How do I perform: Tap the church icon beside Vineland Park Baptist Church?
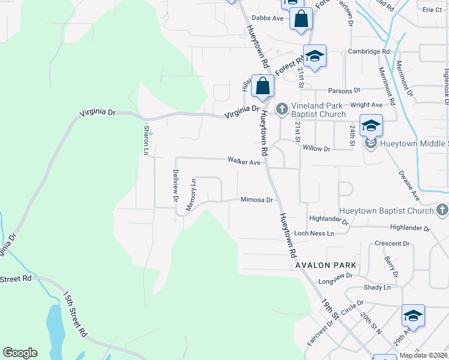[x=282, y=109]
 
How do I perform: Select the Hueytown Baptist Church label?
[x=386, y=211]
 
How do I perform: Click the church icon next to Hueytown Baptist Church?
[x=442, y=210]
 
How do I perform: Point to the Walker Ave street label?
[x=244, y=161]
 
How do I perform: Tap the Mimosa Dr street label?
[x=257, y=200]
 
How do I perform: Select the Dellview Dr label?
[x=176, y=184]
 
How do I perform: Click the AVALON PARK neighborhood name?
[x=325, y=265]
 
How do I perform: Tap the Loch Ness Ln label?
[x=314, y=233]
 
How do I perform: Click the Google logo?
[x=20, y=353]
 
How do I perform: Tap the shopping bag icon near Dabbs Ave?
[x=301, y=19]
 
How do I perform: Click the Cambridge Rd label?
[x=369, y=52]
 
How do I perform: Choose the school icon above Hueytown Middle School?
[x=372, y=125]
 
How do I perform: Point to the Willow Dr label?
[x=317, y=148]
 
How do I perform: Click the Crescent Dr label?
[x=391, y=244]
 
